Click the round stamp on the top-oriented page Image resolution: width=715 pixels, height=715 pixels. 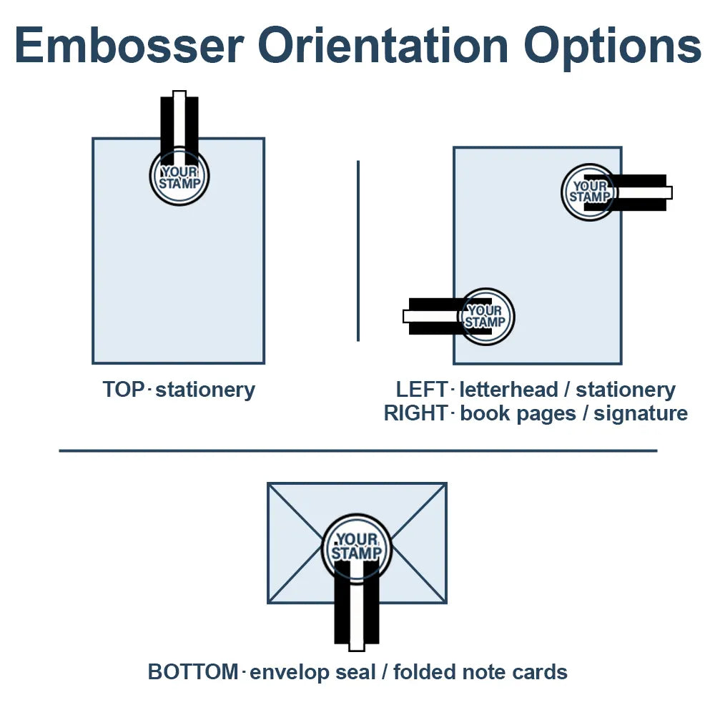pyautogui.click(x=179, y=177)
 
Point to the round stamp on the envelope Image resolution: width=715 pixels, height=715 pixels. pyautogui.click(x=357, y=548)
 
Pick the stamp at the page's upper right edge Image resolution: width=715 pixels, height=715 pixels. pyautogui.click(x=588, y=192)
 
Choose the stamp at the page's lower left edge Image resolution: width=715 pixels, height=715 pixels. pyautogui.click(x=486, y=317)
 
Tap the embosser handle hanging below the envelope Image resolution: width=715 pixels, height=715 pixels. pyautogui.click(x=357, y=615)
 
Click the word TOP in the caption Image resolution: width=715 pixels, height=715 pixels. pyautogui.click(x=124, y=390)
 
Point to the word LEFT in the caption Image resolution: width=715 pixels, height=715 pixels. pyautogui.click(x=423, y=390)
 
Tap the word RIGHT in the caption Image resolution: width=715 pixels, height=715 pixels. pyautogui.click(x=416, y=413)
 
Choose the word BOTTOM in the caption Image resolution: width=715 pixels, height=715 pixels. pyautogui.click(x=192, y=672)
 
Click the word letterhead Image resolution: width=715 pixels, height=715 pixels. pyautogui.click(x=508, y=390)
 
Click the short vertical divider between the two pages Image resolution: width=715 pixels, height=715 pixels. pyautogui.click(x=357, y=250)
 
